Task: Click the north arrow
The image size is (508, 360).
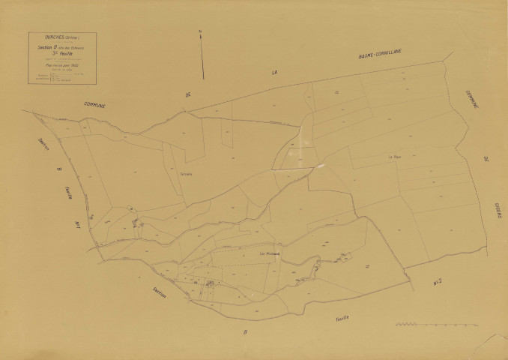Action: coord(202,52)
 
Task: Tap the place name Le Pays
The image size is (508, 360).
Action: coord(394,157)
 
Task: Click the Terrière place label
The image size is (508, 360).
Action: coord(187,173)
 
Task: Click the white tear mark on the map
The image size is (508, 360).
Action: coord(319,165)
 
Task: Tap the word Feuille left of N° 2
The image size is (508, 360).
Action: coord(341,318)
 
